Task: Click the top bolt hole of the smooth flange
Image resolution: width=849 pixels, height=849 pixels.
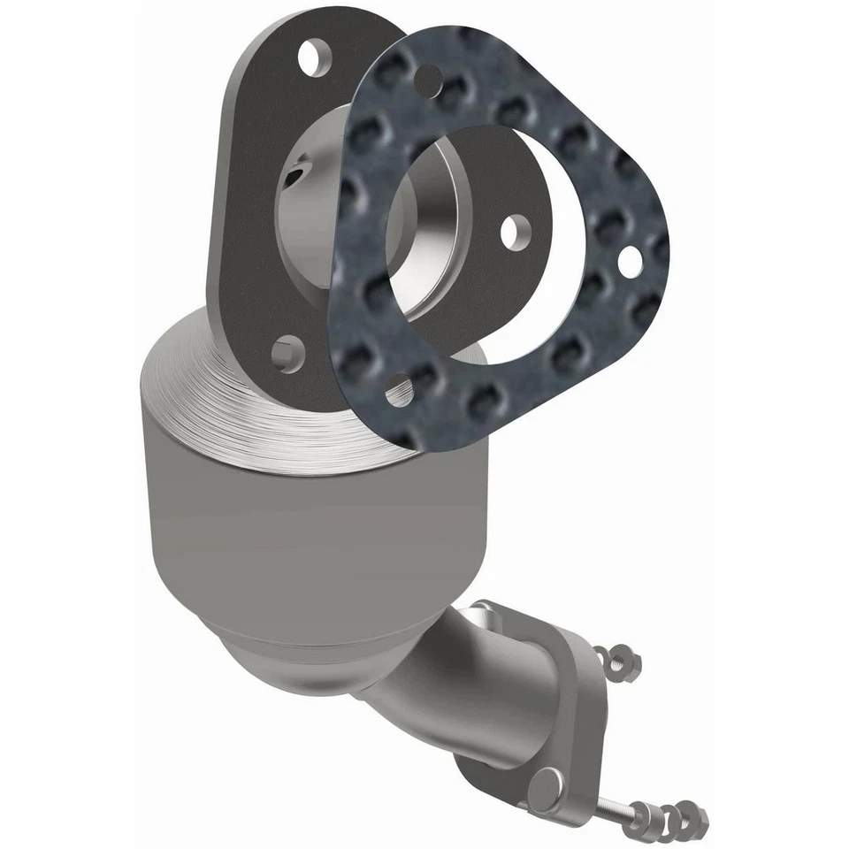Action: (309, 59)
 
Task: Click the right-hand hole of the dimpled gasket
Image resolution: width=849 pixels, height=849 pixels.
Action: (630, 259)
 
